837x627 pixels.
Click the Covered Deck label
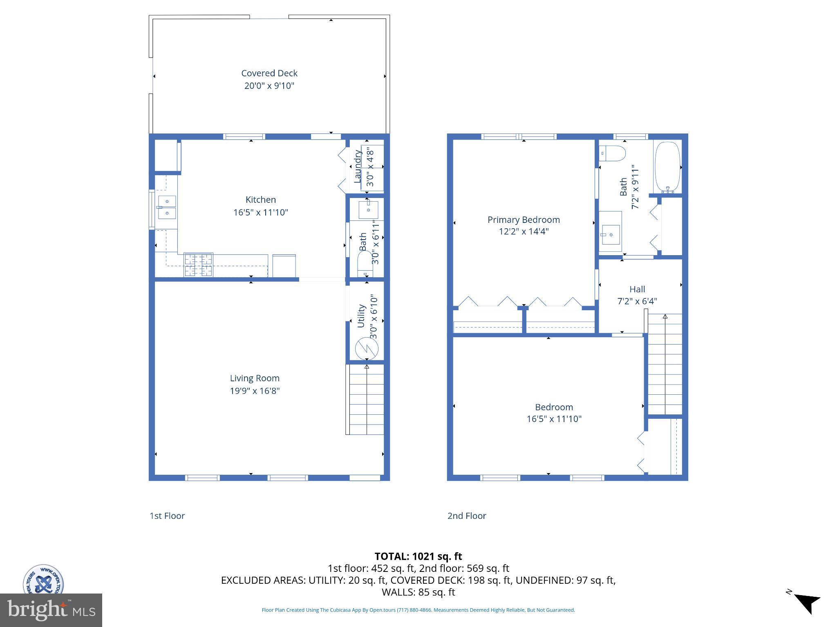(269, 73)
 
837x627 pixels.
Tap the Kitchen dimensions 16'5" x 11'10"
(261, 212)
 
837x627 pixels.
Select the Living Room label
(255, 378)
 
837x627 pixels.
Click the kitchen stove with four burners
(199, 265)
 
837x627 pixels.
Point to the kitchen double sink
(167, 207)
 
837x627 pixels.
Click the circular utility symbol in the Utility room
(367, 348)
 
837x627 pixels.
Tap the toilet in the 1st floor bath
(365, 264)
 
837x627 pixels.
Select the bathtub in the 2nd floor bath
(667, 167)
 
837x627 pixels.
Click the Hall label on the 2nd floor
(637, 289)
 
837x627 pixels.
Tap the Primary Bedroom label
(524, 220)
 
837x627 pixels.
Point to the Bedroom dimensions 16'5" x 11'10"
(554, 419)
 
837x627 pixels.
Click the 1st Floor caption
(167, 516)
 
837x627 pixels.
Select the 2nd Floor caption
(467, 516)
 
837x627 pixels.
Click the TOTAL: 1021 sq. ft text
(418, 556)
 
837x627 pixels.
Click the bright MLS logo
(51, 610)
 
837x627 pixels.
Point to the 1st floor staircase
(366, 400)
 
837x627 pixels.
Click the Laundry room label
(358, 167)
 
